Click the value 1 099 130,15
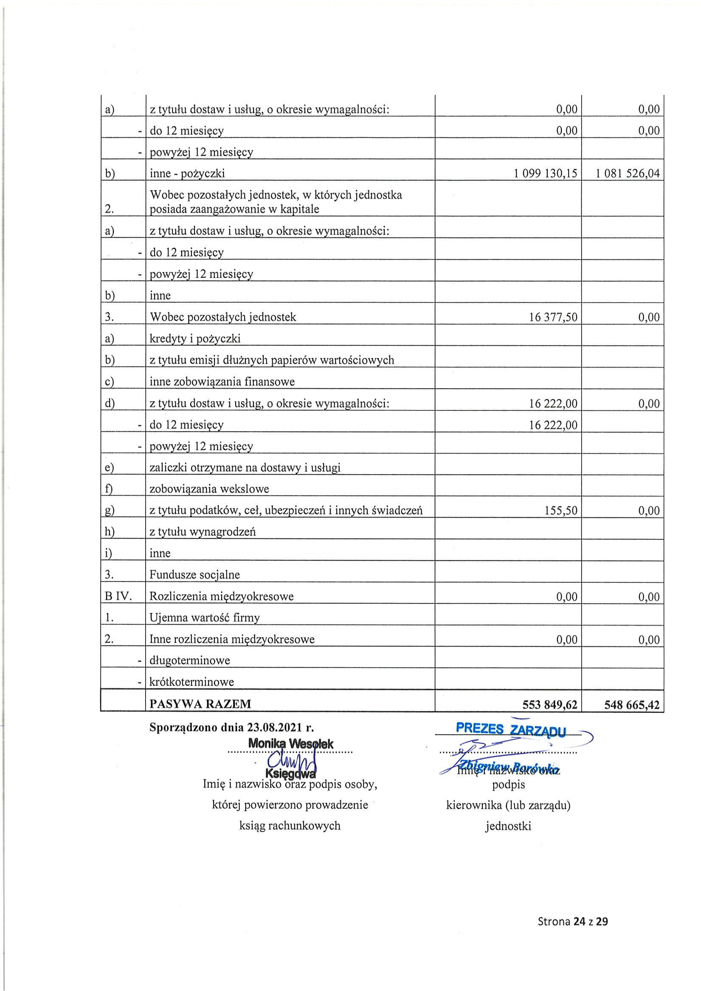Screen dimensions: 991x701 [545, 174]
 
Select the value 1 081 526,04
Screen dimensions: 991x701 [628, 174]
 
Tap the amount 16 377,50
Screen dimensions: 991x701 [553, 317]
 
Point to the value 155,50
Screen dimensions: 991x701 [560, 511]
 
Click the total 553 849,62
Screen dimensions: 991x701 [549, 705]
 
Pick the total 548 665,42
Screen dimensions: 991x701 [632, 705]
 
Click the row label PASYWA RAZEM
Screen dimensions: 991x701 [200, 704]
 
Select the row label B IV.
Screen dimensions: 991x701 [118, 596]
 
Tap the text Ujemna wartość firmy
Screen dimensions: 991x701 [204, 618]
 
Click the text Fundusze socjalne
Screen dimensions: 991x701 [194, 575]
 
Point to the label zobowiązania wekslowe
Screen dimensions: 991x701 [209, 489]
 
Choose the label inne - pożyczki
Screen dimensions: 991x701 [187, 174]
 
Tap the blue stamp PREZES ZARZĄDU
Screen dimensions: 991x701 [510, 729]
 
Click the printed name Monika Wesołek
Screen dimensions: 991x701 [291, 744]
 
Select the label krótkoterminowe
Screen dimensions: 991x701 [191, 682]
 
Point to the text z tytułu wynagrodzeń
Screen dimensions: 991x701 [203, 532]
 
